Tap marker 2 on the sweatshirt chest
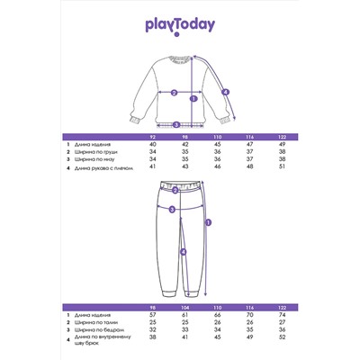tap(173, 92)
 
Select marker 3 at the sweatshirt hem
tap(177, 124)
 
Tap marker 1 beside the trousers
tap(209, 221)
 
